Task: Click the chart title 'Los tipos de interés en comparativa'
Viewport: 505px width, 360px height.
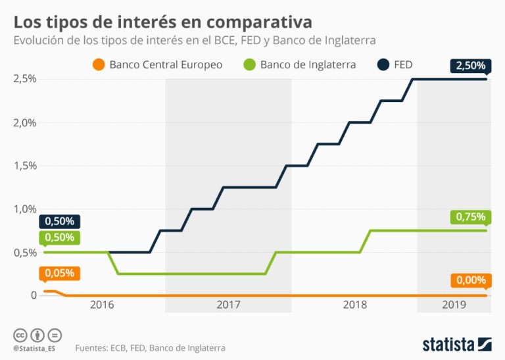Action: (162, 22)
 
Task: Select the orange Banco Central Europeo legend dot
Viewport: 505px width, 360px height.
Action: (99, 64)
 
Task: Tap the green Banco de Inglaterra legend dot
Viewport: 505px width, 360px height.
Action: (249, 64)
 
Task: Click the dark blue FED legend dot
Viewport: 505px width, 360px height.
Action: (385, 64)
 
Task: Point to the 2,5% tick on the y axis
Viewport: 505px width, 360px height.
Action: (24, 79)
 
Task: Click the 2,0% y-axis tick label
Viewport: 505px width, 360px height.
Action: (24, 122)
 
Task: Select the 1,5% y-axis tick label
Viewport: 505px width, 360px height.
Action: (24, 166)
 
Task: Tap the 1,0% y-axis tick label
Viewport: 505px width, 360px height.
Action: (24, 209)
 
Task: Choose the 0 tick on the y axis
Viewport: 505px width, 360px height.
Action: (34, 296)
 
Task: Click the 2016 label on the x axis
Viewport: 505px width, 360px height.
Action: (102, 305)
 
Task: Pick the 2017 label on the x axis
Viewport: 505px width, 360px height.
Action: (228, 305)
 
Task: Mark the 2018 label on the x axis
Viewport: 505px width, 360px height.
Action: (354, 305)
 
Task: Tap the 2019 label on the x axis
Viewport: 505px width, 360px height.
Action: (454, 305)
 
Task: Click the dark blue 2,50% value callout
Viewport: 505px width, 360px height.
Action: (469, 66)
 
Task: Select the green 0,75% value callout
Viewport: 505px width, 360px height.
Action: (469, 217)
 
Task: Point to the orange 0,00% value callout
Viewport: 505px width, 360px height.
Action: (469, 280)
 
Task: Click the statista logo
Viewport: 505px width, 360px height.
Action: (456, 344)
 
